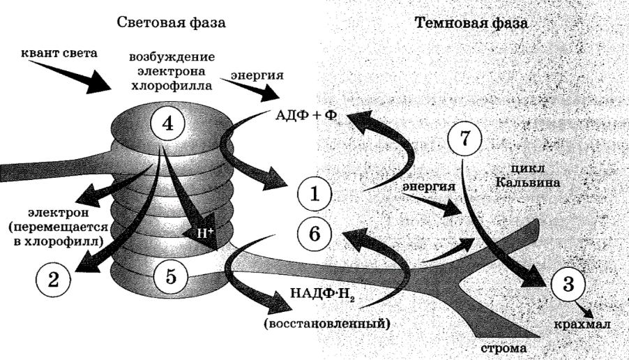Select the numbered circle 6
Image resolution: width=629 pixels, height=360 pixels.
click(x=314, y=232)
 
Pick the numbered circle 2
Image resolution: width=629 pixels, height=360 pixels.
click(x=53, y=278)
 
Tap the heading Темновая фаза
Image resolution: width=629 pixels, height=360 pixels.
click(x=471, y=22)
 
